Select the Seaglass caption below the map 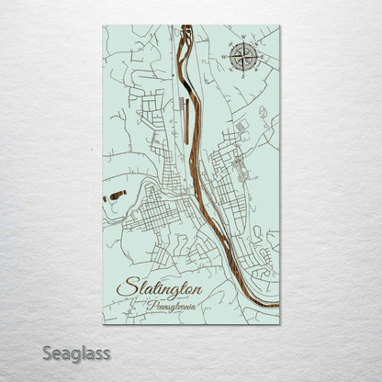(x=79, y=353)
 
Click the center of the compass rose (x=242, y=57)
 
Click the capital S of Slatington (x=124, y=287)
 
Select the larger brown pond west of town (x=118, y=195)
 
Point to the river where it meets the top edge (x=186, y=27)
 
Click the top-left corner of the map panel (x=103, y=25)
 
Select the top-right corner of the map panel (x=279, y=25)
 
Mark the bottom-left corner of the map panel (x=103, y=324)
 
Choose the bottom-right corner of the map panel (x=279, y=324)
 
